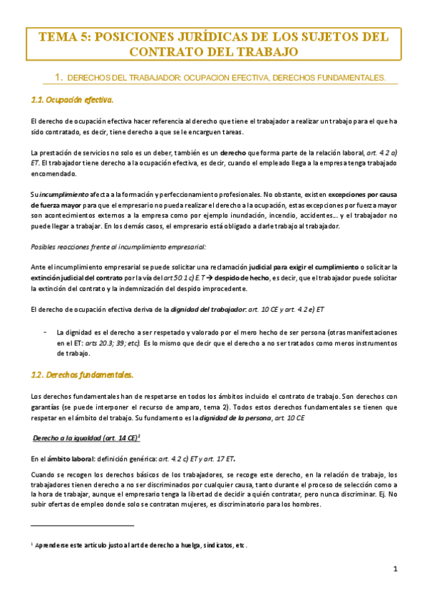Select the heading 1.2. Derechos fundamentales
coord(83,374)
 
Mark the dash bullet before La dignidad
coord(46,332)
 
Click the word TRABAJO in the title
coord(265,52)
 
